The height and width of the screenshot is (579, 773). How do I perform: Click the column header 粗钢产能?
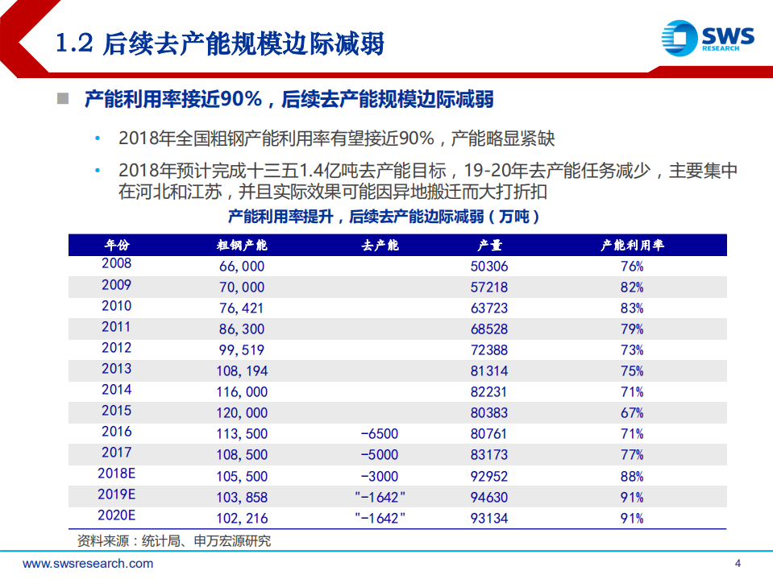(x=242, y=245)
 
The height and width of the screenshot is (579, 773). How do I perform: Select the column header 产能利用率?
(x=631, y=245)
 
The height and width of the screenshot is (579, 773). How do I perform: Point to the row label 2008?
(x=116, y=264)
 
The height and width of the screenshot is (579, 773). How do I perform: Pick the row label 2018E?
(x=116, y=474)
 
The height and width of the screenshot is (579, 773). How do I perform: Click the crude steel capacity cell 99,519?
(x=241, y=349)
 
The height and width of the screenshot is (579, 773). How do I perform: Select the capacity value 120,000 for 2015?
(x=241, y=412)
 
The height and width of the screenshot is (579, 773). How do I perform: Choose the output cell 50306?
(x=489, y=266)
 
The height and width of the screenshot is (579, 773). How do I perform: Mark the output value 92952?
(x=489, y=475)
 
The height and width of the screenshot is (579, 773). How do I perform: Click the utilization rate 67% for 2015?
(x=632, y=412)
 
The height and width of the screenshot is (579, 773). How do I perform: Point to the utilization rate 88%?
(x=632, y=475)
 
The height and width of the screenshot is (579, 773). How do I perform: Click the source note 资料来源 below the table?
(x=173, y=540)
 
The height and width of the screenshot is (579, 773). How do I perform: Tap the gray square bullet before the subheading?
(x=61, y=99)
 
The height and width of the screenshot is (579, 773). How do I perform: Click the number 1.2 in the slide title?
(x=76, y=43)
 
